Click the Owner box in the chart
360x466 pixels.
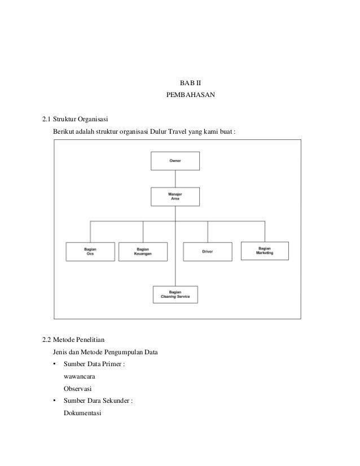coord(175,161)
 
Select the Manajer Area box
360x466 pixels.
coord(175,197)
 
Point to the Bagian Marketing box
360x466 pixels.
coord(265,250)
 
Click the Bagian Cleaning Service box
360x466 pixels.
coord(175,294)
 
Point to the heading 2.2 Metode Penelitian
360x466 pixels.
coord(73,340)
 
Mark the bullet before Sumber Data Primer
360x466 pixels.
coord(55,364)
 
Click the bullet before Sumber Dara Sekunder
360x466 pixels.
coord(55,401)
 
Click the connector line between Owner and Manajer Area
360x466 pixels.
coord(175,179)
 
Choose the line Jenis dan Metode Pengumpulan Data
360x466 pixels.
coord(106,353)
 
